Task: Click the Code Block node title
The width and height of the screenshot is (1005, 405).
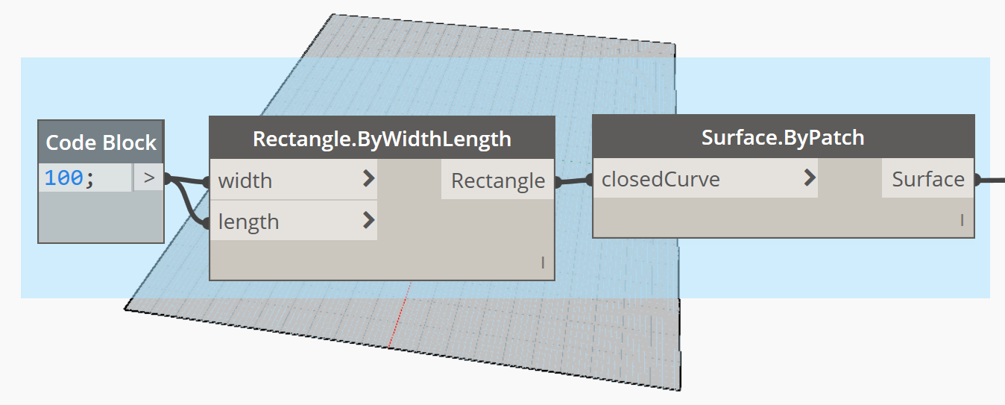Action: coord(101,142)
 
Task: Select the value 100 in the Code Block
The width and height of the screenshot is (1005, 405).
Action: coord(63,178)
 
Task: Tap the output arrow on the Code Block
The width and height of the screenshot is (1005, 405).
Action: coord(149,178)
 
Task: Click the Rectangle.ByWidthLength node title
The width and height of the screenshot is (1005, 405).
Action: coord(382,139)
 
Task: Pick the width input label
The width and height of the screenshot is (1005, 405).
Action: coord(245,181)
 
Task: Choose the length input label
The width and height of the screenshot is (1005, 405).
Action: coord(248,222)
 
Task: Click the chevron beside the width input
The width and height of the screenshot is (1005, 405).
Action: coord(368,179)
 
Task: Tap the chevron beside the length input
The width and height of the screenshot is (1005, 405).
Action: coord(368,220)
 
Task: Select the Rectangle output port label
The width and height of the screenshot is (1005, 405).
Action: coord(498,181)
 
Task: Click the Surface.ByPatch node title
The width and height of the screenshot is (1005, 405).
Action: coord(783,137)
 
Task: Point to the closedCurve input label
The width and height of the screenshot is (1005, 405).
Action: coord(661,179)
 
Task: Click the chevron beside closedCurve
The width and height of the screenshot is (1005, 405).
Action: coord(810,178)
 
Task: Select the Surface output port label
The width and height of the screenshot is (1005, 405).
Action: coord(927,179)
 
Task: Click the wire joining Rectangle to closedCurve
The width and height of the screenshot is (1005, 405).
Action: coord(574,181)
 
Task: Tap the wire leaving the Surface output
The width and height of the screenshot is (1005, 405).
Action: coord(990,180)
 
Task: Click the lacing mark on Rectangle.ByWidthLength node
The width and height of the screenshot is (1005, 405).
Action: coord(543,263)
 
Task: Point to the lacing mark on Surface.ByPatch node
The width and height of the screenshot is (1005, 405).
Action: coord(962,221)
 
